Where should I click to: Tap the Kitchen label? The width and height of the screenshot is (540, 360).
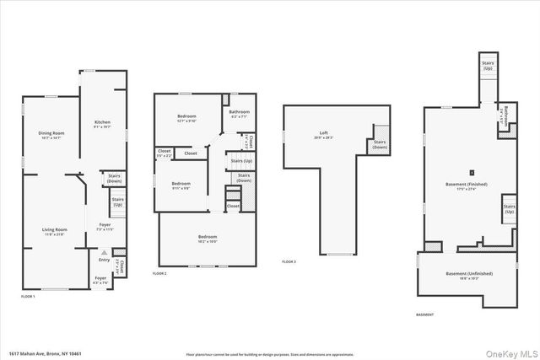coord(102,124)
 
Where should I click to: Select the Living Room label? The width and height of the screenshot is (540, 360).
coord(55,230)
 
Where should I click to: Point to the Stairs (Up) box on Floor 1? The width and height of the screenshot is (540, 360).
coord(118,202)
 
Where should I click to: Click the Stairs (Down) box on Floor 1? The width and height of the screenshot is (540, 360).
coord(114,179)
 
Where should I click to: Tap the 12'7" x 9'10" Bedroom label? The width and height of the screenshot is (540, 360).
coord(186,118)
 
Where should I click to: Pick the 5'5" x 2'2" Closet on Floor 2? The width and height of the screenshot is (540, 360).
coord(164,153)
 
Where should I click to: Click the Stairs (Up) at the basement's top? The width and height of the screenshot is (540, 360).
coord(488,64)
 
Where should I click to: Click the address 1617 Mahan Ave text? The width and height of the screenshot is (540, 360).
coord(42,353)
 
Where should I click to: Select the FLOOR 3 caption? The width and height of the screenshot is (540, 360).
coord(289,263)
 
